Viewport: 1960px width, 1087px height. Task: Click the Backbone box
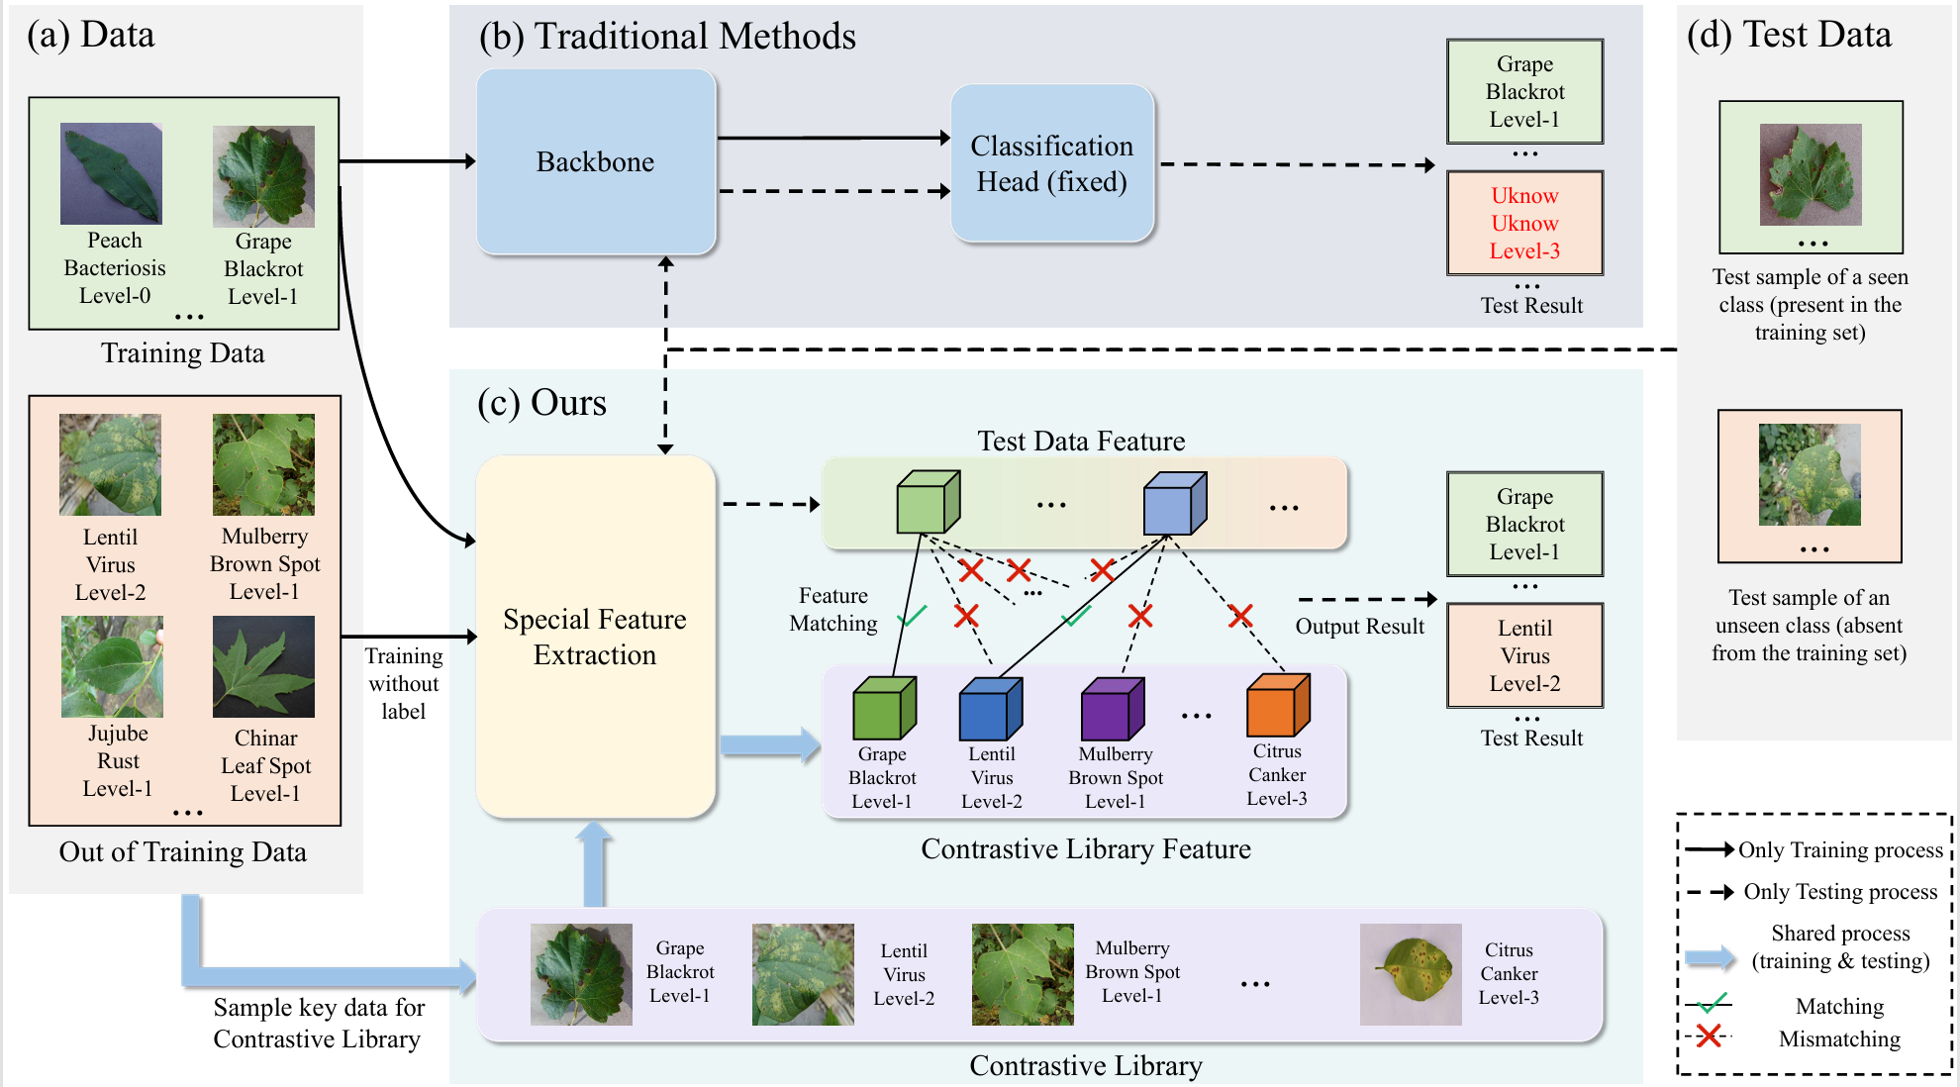tap(596, 161)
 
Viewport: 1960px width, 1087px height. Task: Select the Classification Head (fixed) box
tap(1051, 163)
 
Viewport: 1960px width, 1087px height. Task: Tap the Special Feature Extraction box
tap(595, 637)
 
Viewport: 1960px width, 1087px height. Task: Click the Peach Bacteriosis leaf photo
tap(111, 173)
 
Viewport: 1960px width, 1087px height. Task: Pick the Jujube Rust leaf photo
tap(112, 666)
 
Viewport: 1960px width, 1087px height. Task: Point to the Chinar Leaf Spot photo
tap(263, 666)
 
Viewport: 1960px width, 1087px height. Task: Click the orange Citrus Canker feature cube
tap(1278, 705)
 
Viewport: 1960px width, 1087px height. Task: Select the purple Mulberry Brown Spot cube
tap(1113, 709)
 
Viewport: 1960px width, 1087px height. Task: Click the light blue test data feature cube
tap(1174, 504)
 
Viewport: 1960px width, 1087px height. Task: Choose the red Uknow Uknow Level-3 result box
tap(1524, 223)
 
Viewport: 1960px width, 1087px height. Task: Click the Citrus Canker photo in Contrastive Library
tap(1410, 974)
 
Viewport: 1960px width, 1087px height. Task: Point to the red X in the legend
tap(1709, 1037)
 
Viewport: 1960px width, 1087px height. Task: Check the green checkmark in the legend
tap(1712, 1003)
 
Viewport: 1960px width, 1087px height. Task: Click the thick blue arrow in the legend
tap(1710, 957)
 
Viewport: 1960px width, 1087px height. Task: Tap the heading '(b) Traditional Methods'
tap(667, 37)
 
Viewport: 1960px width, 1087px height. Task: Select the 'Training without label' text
tap(404, 683)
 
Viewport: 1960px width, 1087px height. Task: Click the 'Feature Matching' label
tap(833, 609)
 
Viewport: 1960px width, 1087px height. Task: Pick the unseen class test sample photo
tap(1810, 474)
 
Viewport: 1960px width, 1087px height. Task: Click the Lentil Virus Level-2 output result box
tap(1524, 655)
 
